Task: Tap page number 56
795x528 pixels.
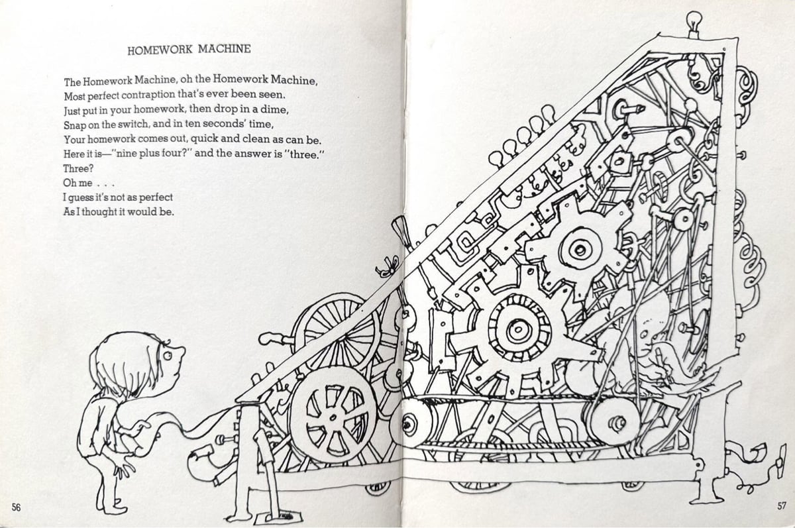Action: pyautogui.click(x=17, y=507)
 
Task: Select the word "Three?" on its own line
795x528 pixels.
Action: pyautogui.click(x=78, y=168)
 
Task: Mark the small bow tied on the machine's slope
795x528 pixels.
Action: pyautogui.click(x=384, y=270)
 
